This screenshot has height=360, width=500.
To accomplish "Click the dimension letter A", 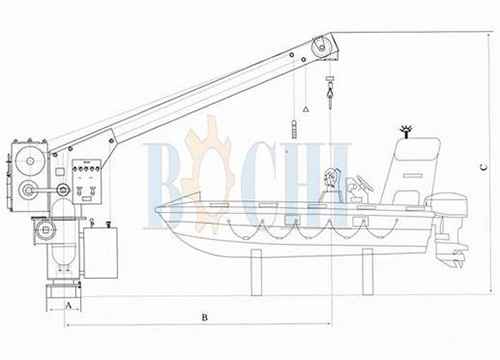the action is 68,305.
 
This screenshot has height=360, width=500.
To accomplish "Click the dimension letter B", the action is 205,317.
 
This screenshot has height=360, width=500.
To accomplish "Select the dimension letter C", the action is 484,167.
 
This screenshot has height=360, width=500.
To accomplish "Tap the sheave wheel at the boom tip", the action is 322,47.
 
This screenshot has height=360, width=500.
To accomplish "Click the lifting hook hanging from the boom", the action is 330,92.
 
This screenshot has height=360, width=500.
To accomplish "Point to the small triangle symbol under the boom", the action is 306,109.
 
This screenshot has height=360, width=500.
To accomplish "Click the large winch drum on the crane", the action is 30,161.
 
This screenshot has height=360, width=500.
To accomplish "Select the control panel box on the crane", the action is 87,181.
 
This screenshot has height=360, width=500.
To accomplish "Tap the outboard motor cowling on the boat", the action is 446,203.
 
